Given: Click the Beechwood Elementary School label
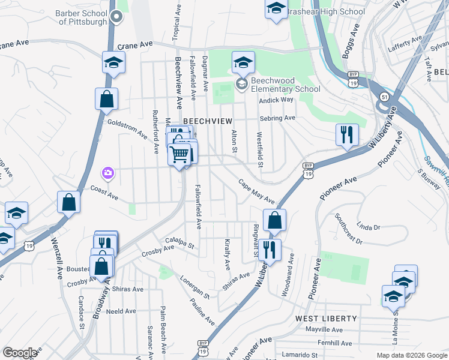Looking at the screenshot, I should [286, 85].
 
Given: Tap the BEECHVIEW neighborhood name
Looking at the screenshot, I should [207, 121].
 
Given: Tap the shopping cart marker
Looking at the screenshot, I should [179, 155].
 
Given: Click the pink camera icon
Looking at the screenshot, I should [107, 173].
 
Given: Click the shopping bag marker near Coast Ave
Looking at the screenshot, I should [69, 202].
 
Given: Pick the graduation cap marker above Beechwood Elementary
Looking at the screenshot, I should [243, 62].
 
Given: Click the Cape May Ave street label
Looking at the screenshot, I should [256, 191].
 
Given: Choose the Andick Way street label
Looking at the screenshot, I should [276, 100].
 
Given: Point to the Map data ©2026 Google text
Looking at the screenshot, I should [411, 355].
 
